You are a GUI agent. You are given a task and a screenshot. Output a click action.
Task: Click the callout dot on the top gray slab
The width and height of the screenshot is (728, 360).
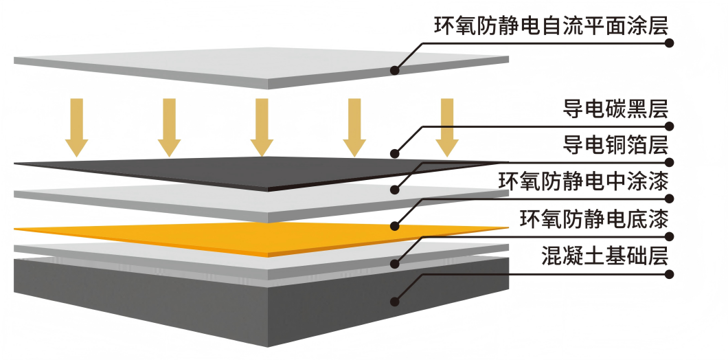coord(395,69)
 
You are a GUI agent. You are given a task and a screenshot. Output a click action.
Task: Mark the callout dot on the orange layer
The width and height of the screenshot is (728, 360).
coord(395,225)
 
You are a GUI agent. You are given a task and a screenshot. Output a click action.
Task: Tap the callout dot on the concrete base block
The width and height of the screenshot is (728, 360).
coord(395,300)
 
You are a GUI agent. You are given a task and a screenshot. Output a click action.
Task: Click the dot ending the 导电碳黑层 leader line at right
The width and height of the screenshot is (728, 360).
coord(670,126)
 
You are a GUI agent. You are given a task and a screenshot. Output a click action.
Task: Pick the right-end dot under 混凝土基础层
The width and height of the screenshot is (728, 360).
coord(670,274)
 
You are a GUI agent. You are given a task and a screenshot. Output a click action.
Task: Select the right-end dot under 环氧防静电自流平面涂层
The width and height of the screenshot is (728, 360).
coord(670,43)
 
